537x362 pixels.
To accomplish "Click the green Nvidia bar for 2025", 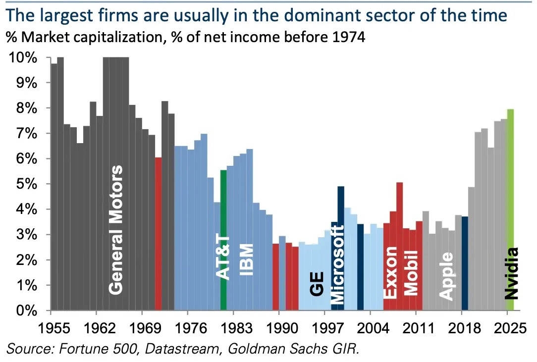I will click(x=510, y=208).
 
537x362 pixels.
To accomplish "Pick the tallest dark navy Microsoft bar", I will click(x=341, y=248).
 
